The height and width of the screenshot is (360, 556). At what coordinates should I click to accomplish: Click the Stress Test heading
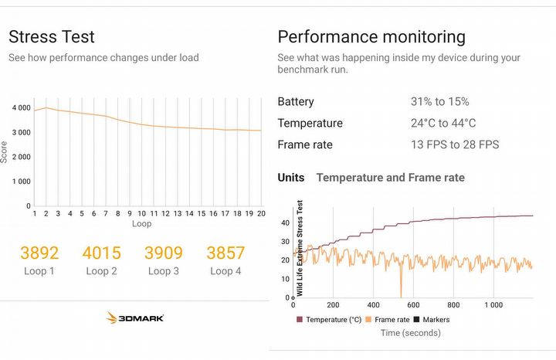(x=52, y=37)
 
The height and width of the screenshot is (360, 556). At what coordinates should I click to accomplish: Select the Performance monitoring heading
(x=371, y=37)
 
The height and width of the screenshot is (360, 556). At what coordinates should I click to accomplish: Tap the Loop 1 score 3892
(x=39, y=253)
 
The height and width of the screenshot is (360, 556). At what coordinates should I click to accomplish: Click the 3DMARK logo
(x=135, y=318)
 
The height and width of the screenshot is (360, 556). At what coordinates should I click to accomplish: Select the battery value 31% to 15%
(x=439, y=102)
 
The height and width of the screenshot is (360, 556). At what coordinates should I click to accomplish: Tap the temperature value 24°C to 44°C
(x=443, y=124)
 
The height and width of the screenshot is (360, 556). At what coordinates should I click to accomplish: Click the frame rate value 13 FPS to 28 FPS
(x=455, y=144)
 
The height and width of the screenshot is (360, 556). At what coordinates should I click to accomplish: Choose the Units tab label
(x=291, y=178)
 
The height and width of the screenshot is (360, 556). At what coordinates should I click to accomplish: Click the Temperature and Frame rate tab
(x=391, y=178)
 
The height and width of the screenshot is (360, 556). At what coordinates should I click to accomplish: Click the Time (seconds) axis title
(x=411, y=333)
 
